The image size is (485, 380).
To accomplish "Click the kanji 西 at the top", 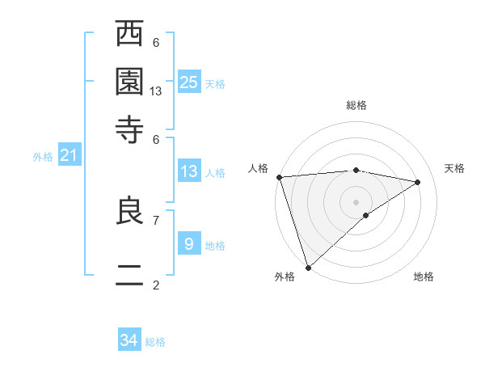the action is pos(130,36).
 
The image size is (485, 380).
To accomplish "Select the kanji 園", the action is pos(130,82).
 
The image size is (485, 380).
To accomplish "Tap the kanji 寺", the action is pos(130,129).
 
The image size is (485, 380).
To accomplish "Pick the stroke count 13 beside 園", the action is pos(156,91).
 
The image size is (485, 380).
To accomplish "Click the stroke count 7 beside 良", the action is pos(156,219).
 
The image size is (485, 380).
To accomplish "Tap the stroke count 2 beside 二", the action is pos(156,285).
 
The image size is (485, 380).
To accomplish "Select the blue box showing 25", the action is pos(188,82).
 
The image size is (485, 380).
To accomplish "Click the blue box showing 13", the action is pos(188,171).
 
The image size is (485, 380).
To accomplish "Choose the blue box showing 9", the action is pos(188,243).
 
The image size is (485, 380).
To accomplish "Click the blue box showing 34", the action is pos(129,340).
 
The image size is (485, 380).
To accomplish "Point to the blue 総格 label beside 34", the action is pos(155,342).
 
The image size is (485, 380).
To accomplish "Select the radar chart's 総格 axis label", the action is pos(356,105).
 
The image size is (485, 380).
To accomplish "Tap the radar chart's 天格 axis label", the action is pos(454,168).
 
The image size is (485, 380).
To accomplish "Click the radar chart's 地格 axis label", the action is pos(424,277).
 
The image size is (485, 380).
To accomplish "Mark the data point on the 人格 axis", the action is pos(279,177).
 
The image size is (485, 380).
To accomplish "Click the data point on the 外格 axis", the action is pos(309,267).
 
